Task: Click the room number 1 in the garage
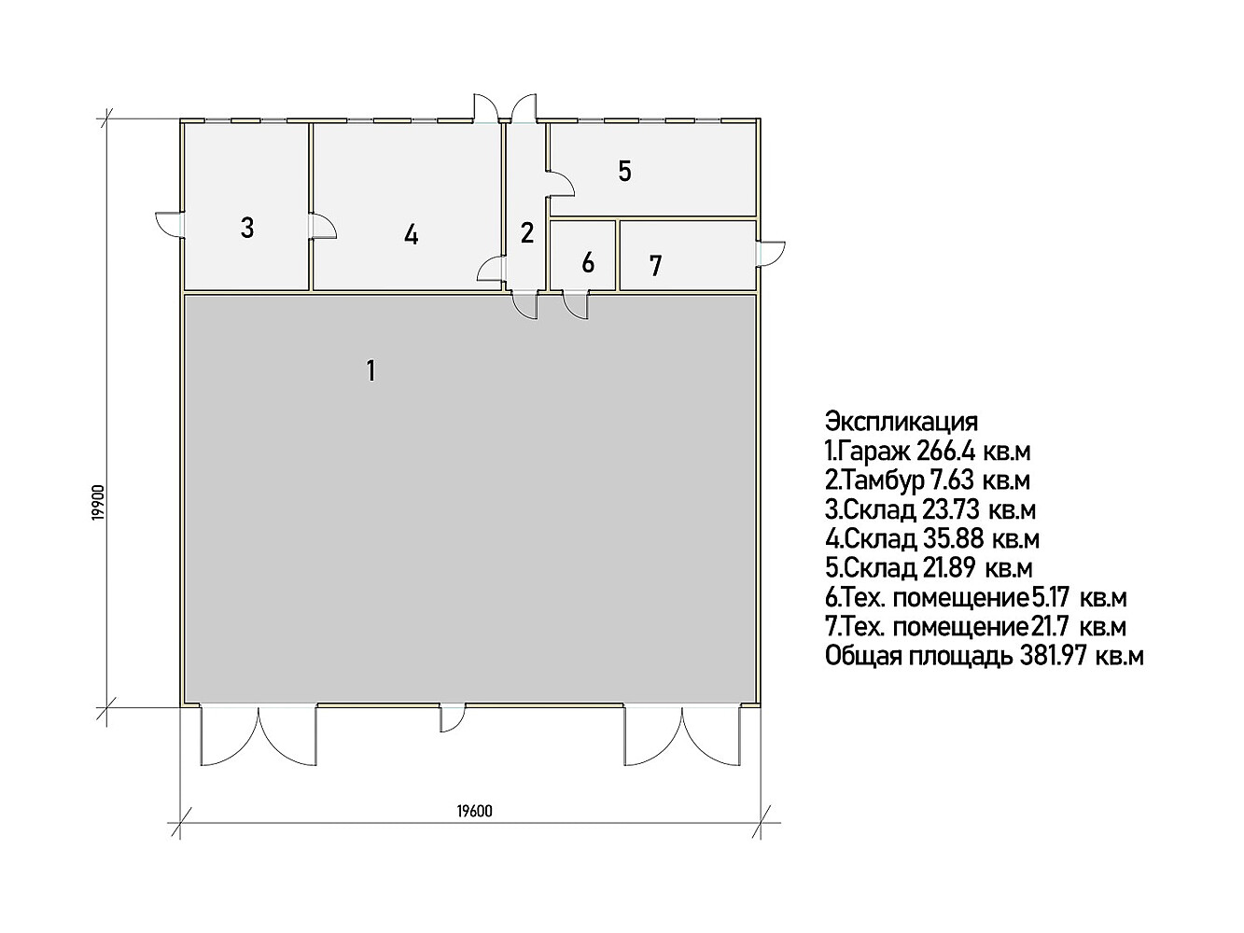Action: [371, 371]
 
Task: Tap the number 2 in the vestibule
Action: [527, 233]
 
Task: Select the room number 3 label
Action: [247, 228]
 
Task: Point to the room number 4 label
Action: [412, 234]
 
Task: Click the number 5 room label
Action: [624, 172]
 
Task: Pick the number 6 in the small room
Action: [588, 263]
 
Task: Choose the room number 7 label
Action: [656, 266]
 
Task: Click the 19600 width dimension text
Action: [474, 811]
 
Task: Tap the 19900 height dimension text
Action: [100, 502]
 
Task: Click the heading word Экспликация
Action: [902, 422]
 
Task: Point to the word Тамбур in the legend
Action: [884, 480]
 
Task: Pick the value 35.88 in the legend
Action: [953, 539]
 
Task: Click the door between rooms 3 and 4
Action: [323, 226]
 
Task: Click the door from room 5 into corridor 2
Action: [561, 184]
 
